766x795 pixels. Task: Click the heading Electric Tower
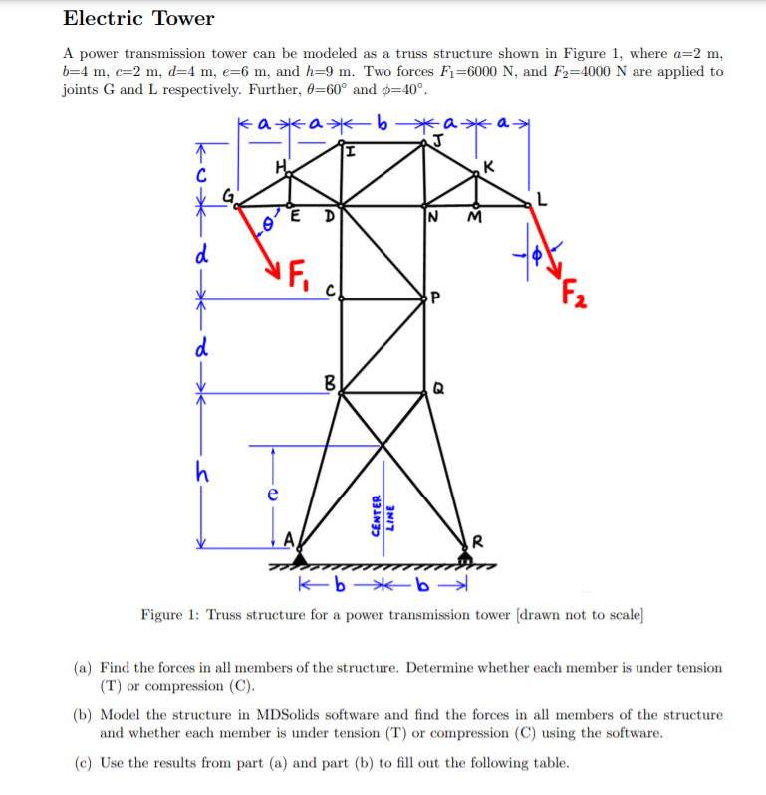point(138,19)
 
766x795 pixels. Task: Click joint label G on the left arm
point(227,197)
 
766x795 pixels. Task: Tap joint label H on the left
point(280,167)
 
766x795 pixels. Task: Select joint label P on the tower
point(437,298)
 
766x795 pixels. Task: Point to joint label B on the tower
point(330,381)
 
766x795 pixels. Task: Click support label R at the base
point(479,542)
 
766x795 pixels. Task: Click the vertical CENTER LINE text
point(384,514)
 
